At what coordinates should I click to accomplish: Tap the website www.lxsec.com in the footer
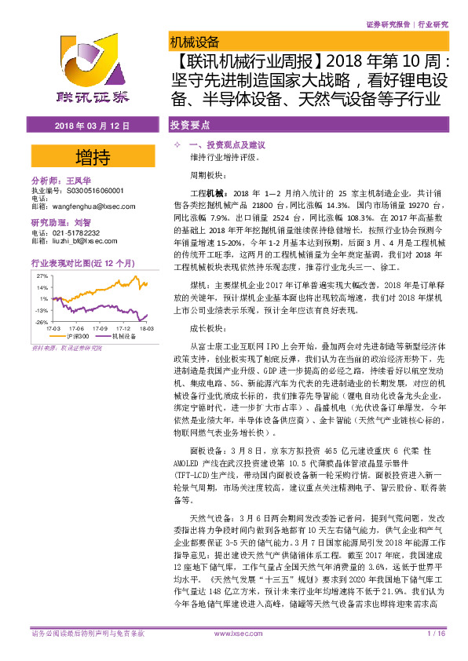[x=235, y=633]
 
